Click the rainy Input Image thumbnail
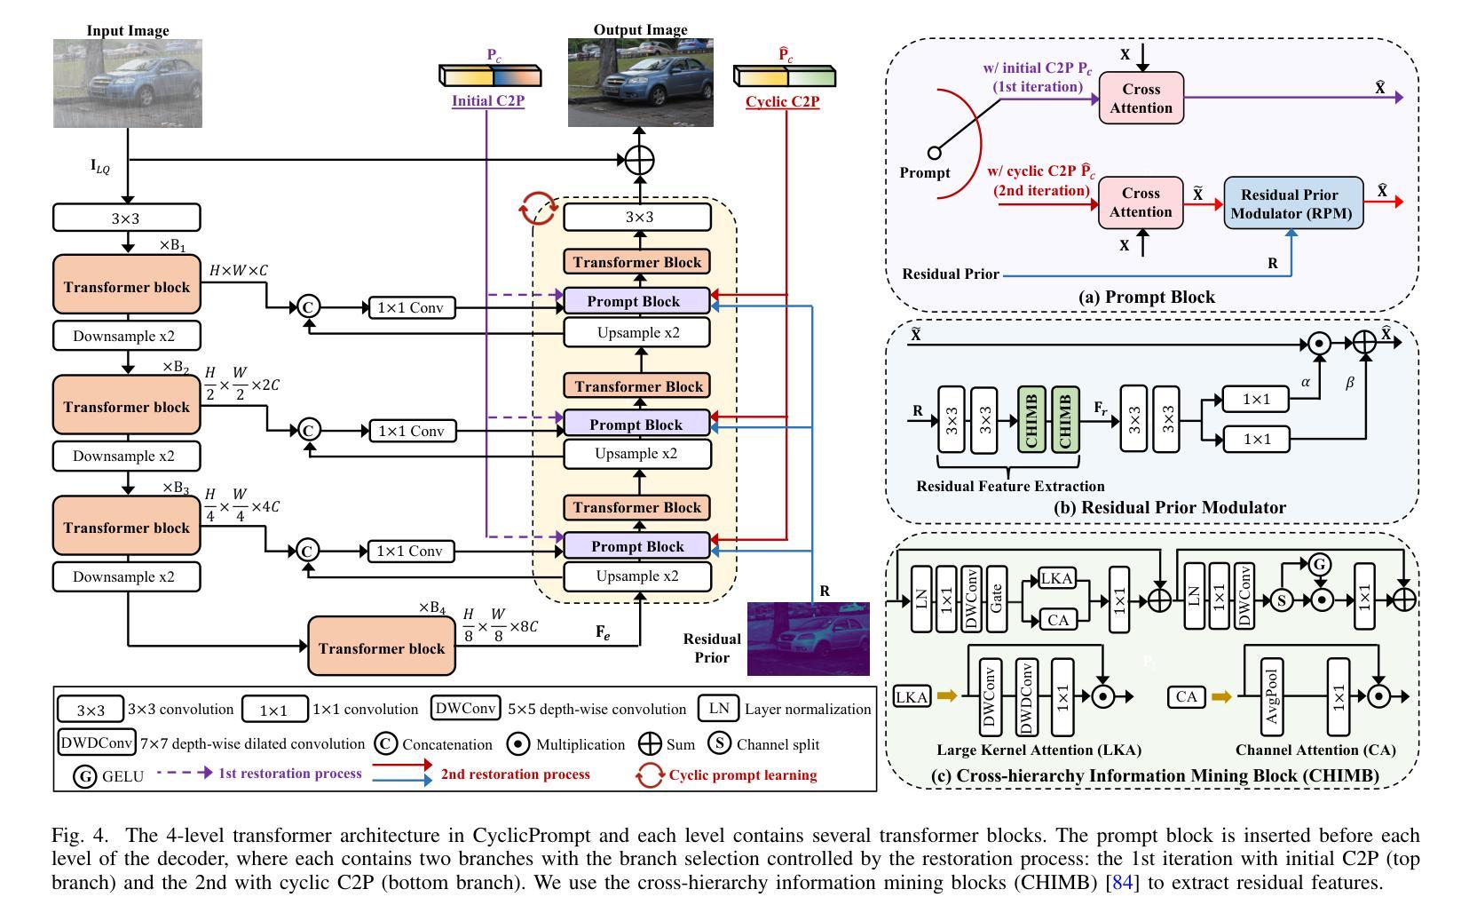pos(128,83)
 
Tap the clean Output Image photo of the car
pos(640,83)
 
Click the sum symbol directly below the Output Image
pos(639,161)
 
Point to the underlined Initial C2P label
pos(488,101)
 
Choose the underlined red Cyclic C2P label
pos(782,101)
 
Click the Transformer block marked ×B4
pos(382,648)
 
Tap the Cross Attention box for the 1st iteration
pos(1141,99)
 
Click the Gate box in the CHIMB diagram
pos(996,599)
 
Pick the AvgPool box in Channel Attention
pos(1271,697)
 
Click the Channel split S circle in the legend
pos(719,743)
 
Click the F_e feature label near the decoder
pos(603,632)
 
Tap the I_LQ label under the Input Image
pos(100,166)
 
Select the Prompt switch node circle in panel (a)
pos(934,153)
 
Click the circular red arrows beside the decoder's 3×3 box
pos(538,210)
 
